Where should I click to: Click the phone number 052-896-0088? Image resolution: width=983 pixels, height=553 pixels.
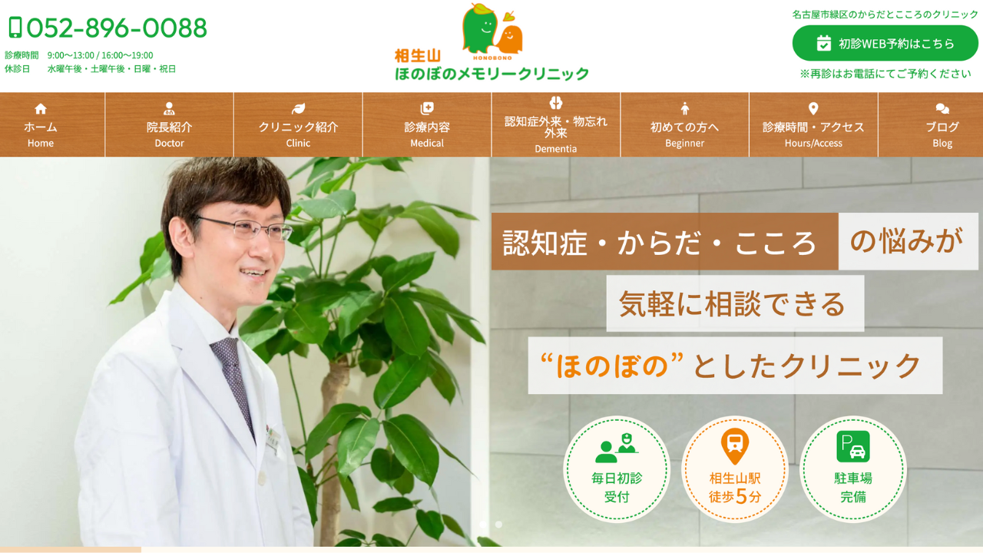(116, 28)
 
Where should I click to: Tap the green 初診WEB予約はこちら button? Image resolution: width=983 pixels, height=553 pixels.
(885, 43)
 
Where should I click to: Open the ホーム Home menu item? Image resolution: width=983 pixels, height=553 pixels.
(41, 124)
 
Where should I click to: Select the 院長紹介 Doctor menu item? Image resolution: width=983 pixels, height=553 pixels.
(170, 124)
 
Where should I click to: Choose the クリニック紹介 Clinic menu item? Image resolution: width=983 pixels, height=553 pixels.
(299, 124)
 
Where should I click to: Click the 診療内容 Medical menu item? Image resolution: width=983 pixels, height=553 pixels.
(427, 124)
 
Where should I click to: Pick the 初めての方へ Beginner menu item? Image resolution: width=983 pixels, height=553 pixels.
(684, 124)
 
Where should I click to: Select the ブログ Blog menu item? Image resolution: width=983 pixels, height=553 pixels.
(942, 124)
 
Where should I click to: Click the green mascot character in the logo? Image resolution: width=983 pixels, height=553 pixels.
(480, 27)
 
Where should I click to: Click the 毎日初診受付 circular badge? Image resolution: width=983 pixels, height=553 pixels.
(617, 469)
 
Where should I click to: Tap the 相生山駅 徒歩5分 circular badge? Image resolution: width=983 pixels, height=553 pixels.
(735, 469)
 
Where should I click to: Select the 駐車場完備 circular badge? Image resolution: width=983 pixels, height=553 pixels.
(852, 469)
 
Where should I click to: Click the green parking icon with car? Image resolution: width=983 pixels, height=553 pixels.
(853, 446)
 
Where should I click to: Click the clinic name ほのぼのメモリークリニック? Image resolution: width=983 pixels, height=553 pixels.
(491, 73)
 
